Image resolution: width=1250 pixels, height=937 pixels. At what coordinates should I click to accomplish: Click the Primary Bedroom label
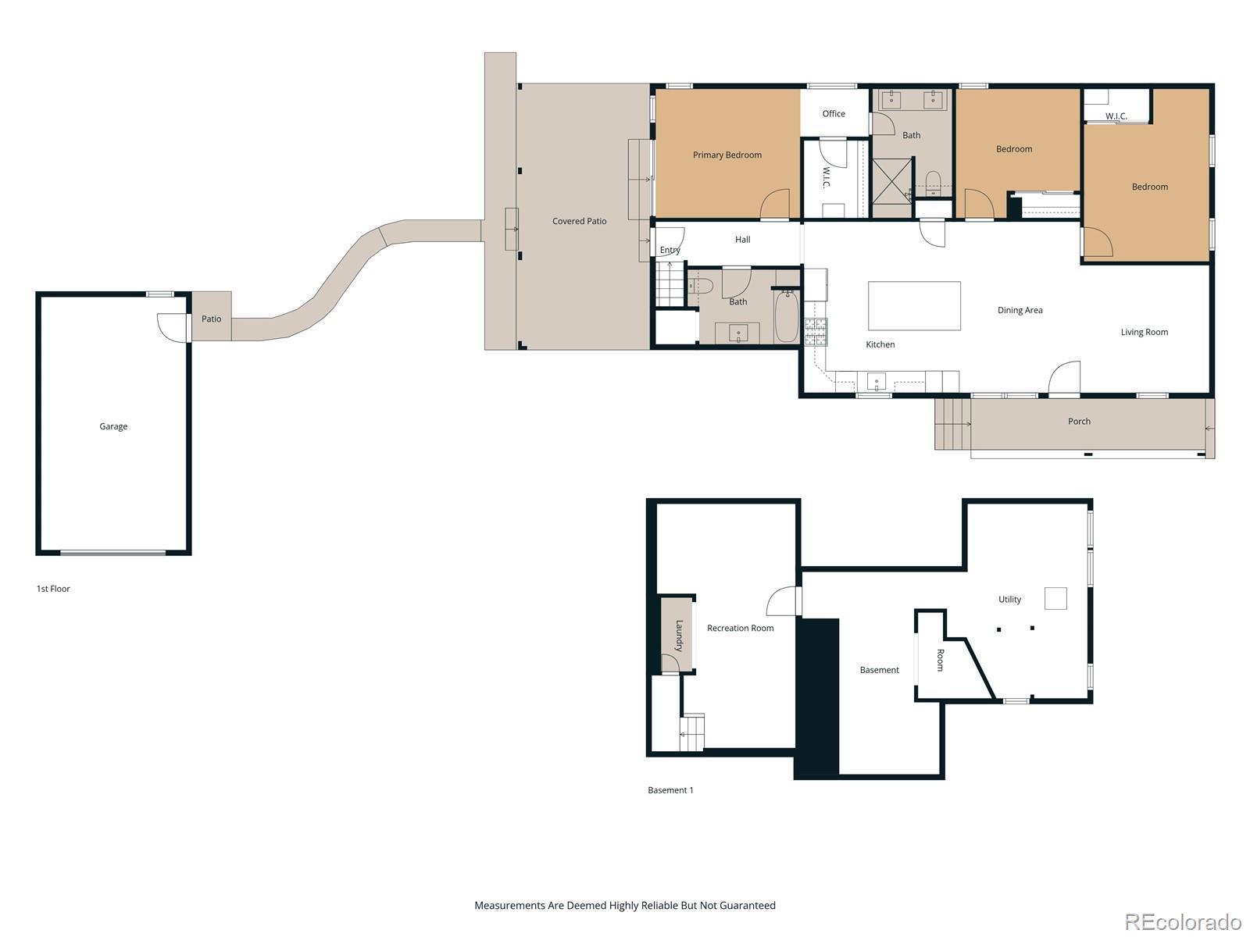coord(727,155)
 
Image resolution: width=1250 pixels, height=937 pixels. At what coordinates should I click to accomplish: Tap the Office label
coord(833,114)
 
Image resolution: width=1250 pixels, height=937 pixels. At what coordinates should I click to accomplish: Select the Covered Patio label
coord(579,221)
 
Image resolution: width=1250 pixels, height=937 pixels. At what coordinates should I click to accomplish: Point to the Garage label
coord(113,426)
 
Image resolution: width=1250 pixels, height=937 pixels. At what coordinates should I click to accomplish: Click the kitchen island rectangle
coord(914,305)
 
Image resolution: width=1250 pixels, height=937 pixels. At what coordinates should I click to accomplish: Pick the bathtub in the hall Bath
coord(787,315)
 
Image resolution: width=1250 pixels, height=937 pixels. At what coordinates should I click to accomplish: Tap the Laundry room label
coord(679,636)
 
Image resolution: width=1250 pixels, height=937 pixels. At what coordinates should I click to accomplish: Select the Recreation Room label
coord(741,628)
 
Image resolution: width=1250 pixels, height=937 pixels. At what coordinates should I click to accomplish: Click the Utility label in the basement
coord(1009,600)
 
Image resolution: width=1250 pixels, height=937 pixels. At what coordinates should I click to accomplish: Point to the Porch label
coord(1079,421)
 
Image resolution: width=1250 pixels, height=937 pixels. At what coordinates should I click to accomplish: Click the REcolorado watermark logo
coord(1184,921)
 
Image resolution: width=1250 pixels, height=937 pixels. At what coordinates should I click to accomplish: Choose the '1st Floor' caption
coord(53,589)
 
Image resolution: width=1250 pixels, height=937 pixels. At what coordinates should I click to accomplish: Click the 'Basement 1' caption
coord(670,790)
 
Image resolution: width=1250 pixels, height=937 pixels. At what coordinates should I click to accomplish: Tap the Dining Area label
coord(1020,310)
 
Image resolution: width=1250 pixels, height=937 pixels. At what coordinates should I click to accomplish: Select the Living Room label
coord(1144,333)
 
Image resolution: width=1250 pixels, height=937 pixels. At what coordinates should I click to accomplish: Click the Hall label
coord(743,240)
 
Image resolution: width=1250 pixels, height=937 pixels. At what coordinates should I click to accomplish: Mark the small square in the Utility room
coord(1055,598)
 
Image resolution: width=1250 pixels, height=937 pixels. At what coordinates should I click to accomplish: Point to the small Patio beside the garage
coord(211,316)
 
